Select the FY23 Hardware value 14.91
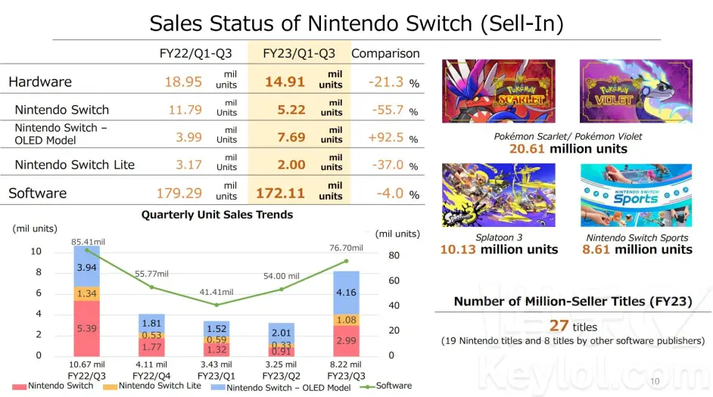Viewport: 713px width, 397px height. coord(285,82)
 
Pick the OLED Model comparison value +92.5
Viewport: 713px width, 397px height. coord(387,138)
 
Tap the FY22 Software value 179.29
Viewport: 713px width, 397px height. coord(179,194)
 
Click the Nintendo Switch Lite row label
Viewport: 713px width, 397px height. coord(74,165)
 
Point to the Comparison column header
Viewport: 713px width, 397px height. coord(385,54)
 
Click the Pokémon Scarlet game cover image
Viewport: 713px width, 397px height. coord(499,91)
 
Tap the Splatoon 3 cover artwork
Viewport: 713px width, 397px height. coord(499,195)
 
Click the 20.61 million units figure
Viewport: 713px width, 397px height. coord(568,149)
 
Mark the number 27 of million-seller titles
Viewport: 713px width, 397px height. coord(559,327)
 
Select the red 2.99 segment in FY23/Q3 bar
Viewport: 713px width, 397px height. coord(346,341)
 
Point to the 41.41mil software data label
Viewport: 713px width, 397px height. coord(216,292)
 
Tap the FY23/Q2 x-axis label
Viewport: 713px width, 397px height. coord(282,375)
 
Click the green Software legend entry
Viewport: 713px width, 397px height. coord(388,386)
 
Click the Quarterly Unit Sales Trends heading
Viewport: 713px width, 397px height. coord(216,215)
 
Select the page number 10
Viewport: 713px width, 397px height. coord(654,380)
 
